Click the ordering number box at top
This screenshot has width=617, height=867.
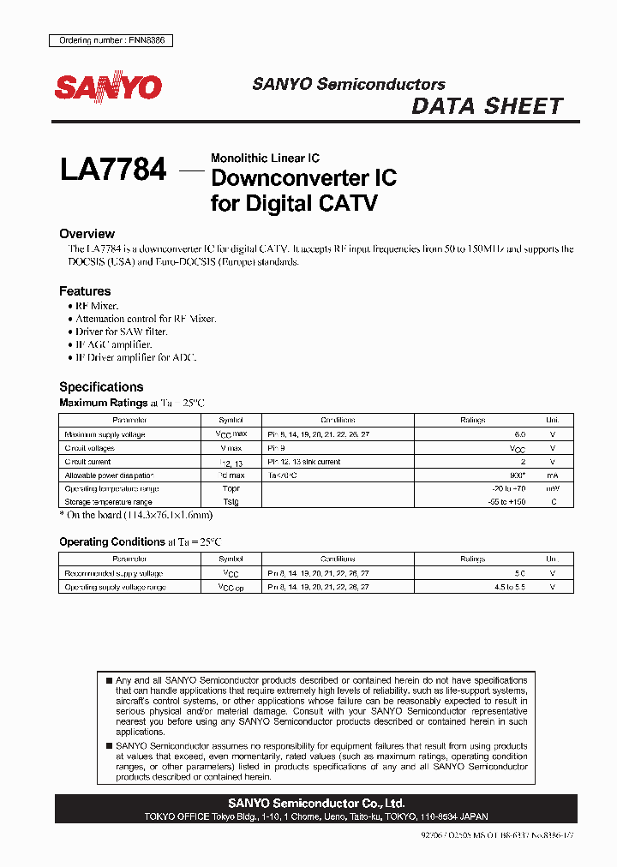(107, 40)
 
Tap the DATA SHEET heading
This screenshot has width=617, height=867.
(487, 106)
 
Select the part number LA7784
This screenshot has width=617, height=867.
(112, 170)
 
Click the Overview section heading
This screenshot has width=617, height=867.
(87, 234)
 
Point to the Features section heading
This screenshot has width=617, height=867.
(85, 291)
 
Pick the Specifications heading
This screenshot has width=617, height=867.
(101, 386)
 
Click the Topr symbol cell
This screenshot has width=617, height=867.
(231, 488)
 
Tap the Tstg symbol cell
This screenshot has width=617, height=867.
(231, 501)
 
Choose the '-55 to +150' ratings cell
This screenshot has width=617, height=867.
(506, 501)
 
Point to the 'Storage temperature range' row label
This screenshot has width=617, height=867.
(108, 501)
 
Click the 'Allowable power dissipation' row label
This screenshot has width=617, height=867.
(110, 475)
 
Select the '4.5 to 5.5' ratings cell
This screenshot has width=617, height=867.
(505, 587)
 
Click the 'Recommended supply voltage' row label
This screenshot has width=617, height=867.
(114, 573)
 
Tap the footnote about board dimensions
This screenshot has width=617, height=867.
(135, 515)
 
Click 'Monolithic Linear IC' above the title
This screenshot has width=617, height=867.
(265, 158)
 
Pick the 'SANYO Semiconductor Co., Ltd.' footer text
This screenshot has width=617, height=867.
(316, 804)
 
